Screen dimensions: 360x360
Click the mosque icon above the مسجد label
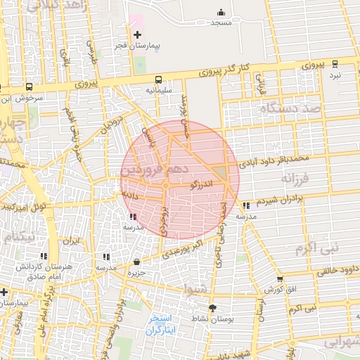pyautogui.click(x=221, y=12)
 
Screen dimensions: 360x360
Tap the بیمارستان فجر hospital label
pyautogui.click(x=139, y=46)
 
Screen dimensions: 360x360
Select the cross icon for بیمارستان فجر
pyautogui.click(x=137, y=34)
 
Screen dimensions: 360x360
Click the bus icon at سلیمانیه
pyautogui.click(x=158, y=79)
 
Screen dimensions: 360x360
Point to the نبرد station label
pyautogui.click(x=335, y=75)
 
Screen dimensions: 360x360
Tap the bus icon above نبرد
pyautogui.click(x=336, y=63)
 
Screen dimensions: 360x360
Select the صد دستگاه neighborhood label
pyautogui.click(x=290, y=108)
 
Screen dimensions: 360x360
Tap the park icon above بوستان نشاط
pyautogui.click(x=212, y=307)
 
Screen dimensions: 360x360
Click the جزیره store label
pyautogui.click(x=136, y=273)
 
